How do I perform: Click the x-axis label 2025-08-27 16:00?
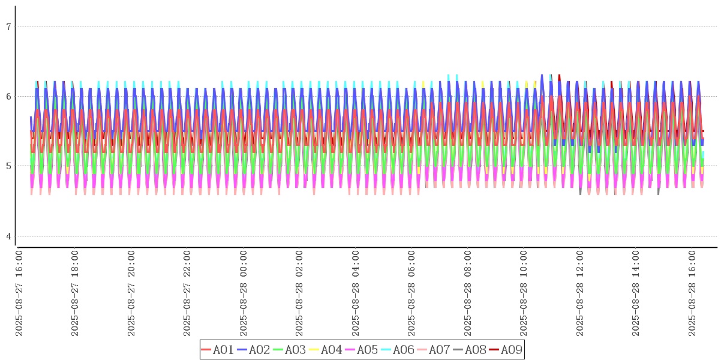(19, 294)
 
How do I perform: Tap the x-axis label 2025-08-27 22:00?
(188, 294)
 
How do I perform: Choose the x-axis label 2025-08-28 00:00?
(244, 294)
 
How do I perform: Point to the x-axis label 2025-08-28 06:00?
(412, 294)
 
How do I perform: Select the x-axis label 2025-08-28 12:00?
(581, 294)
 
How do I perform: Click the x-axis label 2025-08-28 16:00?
(693, 294)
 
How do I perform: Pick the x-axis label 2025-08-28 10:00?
(524, 294)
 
